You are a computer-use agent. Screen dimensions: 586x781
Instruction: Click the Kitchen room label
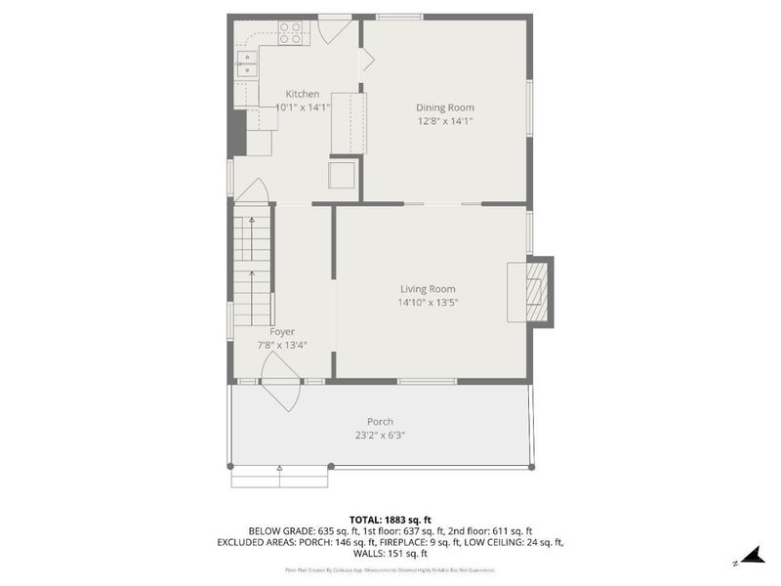pyautogui.click(x=303, y=94)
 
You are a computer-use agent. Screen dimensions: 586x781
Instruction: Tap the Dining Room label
pyautogui.click(x=445, y=107)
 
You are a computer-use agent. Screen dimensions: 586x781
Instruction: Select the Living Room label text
pyautogui.click(x=428, y=289)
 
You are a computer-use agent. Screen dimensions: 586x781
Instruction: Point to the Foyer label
pyautogui.click(x=282, y=332)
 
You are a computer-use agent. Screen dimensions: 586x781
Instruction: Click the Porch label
pyautogui.click(x=381, y=422)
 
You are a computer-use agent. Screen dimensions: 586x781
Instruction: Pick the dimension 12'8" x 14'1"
pyautogui.click(x=445, y=121)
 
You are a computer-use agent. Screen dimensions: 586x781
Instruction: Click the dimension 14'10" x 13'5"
pyautogui.click(x=428, y=303)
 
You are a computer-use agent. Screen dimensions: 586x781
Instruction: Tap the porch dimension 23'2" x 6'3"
pyautogui.click(x=381, y=436)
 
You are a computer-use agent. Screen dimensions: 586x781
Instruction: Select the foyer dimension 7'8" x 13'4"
pyautogui.click(x=282, y=345)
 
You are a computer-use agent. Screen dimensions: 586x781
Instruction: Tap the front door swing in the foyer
pyautogui.click(x=281, y=379)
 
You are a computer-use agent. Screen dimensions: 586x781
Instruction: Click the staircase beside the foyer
pyautogui.click(x=252, y=269)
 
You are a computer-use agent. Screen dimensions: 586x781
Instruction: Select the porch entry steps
pyautogui.click(x=279, y=479)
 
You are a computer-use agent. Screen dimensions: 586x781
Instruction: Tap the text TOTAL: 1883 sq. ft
pyautogui.click(x=390, y=519)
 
